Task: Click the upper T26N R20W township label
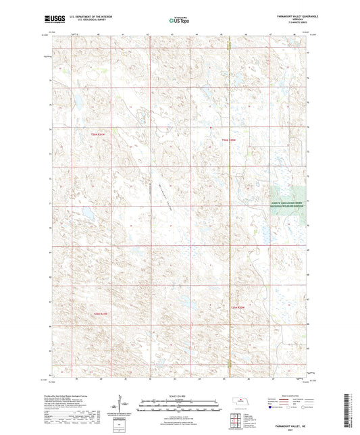click(230, 140)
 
